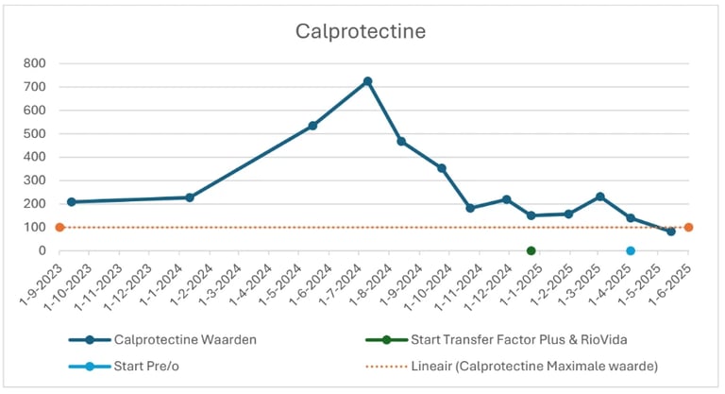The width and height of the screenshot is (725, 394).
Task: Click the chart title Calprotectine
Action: click(361, 31)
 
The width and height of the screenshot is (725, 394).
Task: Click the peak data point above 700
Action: click(367, 81)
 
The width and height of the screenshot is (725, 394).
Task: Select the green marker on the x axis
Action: click(531, 250)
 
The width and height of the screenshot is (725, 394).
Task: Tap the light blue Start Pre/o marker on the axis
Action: click(631, 250)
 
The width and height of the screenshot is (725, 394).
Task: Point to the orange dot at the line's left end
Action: click(59, 227)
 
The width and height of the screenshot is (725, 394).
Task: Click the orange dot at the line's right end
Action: click(689, 227)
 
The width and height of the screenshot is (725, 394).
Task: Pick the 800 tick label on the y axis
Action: click(35, 64)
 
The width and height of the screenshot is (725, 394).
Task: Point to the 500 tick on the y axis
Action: click(35, 134)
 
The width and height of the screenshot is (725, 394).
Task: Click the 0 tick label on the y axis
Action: click(43, 250)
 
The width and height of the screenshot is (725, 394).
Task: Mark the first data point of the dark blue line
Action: click(71, 201)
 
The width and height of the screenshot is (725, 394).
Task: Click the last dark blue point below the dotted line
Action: click(671, 231)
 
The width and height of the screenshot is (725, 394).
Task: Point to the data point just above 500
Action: click(312, 125)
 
